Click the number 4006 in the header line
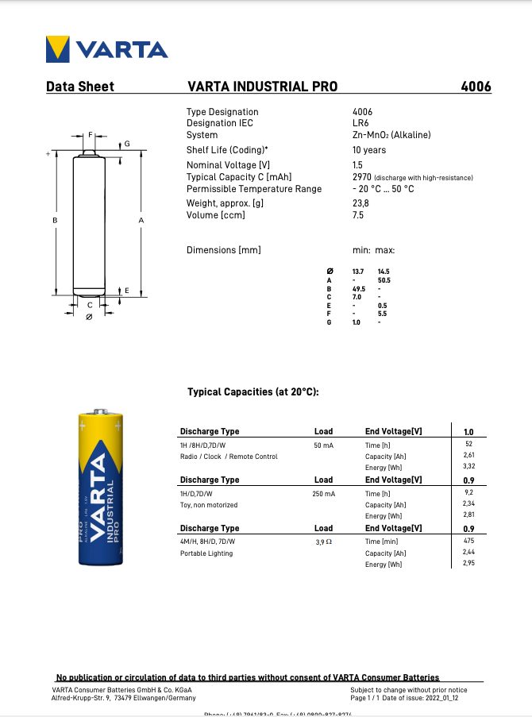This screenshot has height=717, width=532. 476,87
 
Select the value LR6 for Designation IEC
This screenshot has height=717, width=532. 360,123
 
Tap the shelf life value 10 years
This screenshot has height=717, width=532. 369,150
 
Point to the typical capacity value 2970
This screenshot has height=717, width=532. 362,177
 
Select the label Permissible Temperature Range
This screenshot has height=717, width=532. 254,189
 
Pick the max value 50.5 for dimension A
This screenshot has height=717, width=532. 384,280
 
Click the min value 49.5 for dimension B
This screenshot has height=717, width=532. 358,289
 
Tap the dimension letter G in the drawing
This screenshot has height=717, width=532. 127,144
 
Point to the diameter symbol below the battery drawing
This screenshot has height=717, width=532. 89,317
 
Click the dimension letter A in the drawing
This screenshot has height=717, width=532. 141,220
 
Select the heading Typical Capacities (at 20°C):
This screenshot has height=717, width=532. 253,392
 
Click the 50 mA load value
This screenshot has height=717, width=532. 323,445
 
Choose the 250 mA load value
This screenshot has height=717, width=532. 323,494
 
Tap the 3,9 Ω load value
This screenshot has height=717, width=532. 323,542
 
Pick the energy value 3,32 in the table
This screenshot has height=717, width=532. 468,468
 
